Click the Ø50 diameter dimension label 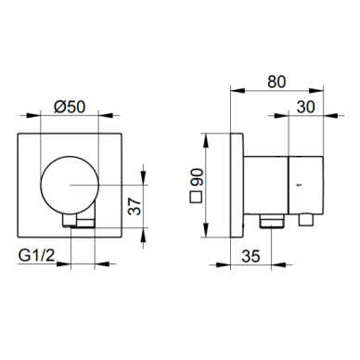[x=70, y=107]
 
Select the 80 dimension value [x=276, y=82]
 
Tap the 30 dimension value [x=305, y=107]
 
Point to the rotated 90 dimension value [x=197, y=177]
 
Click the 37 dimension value [x=135, y=207]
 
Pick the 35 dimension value [x=251, y=256]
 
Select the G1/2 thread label [x=36, y=255]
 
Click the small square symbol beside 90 [x=196, y=197]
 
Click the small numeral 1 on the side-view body [x=299, y=185]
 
